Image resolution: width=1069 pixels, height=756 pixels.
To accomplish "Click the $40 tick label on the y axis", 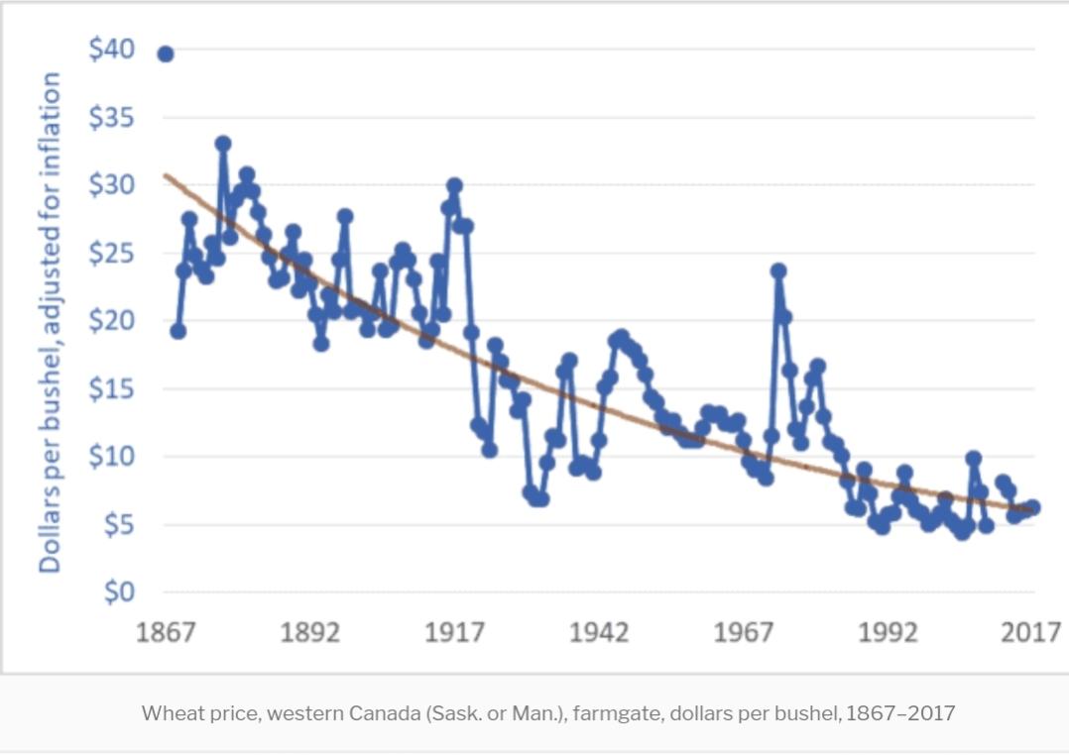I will click(x=111, y=51).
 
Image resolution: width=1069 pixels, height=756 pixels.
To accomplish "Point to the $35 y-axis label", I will click(x=111, y=118).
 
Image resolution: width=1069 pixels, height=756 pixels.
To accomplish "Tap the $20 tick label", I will click(x=111, y=321).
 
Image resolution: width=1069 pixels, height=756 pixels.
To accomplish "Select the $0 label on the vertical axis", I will click(x=118, y=593).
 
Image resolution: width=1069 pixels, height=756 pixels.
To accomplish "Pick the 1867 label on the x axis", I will click(x=165, y=632).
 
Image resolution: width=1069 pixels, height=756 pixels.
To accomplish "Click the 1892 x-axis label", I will click(x=309, y=632).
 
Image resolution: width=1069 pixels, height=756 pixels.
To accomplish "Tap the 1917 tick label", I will click(x=454, y=632).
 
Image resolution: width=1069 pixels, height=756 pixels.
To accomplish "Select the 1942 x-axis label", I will click(x=598, y=632).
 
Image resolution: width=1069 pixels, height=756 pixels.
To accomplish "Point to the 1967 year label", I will click(x=743, y=632).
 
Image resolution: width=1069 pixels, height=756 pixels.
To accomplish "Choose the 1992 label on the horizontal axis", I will click(x=888, y=632).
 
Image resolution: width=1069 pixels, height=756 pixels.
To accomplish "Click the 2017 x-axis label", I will click(x=1030, y=632).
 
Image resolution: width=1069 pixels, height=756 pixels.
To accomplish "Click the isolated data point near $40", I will click(x=166, y=54).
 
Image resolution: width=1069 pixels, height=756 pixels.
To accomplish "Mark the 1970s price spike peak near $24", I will click(x=778, y=270).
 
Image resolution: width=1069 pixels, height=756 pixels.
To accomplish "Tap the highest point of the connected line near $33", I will click(x=223, y=144).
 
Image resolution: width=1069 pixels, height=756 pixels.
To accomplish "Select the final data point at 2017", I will click(x=1032, y=507).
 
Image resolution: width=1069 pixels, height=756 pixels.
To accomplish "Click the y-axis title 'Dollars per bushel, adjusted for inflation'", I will click(x=50, y=322).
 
